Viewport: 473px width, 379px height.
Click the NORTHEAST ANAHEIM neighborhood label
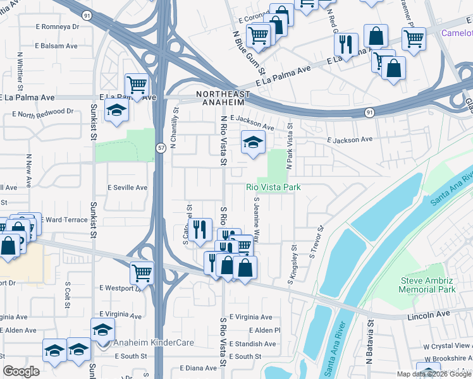tap(219, 99)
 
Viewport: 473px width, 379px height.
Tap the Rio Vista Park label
tap(273, 188)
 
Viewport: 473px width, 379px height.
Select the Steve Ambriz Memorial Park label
tap(428, 285)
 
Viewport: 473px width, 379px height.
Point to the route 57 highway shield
tap(161, 147)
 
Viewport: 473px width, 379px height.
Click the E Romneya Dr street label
tap(58, 27)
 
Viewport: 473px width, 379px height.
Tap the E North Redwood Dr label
tap(42, 112)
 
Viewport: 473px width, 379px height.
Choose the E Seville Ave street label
tap(127, 188)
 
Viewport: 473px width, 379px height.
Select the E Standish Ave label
tap(252, 344)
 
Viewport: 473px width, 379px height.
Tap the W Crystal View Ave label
tap(448, 346)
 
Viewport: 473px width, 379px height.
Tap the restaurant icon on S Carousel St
tap(200, 229)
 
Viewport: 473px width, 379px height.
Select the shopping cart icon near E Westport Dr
tap(141, 273)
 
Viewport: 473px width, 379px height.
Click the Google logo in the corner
tap(21, 371)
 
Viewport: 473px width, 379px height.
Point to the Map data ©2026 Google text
tap(433, 374)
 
